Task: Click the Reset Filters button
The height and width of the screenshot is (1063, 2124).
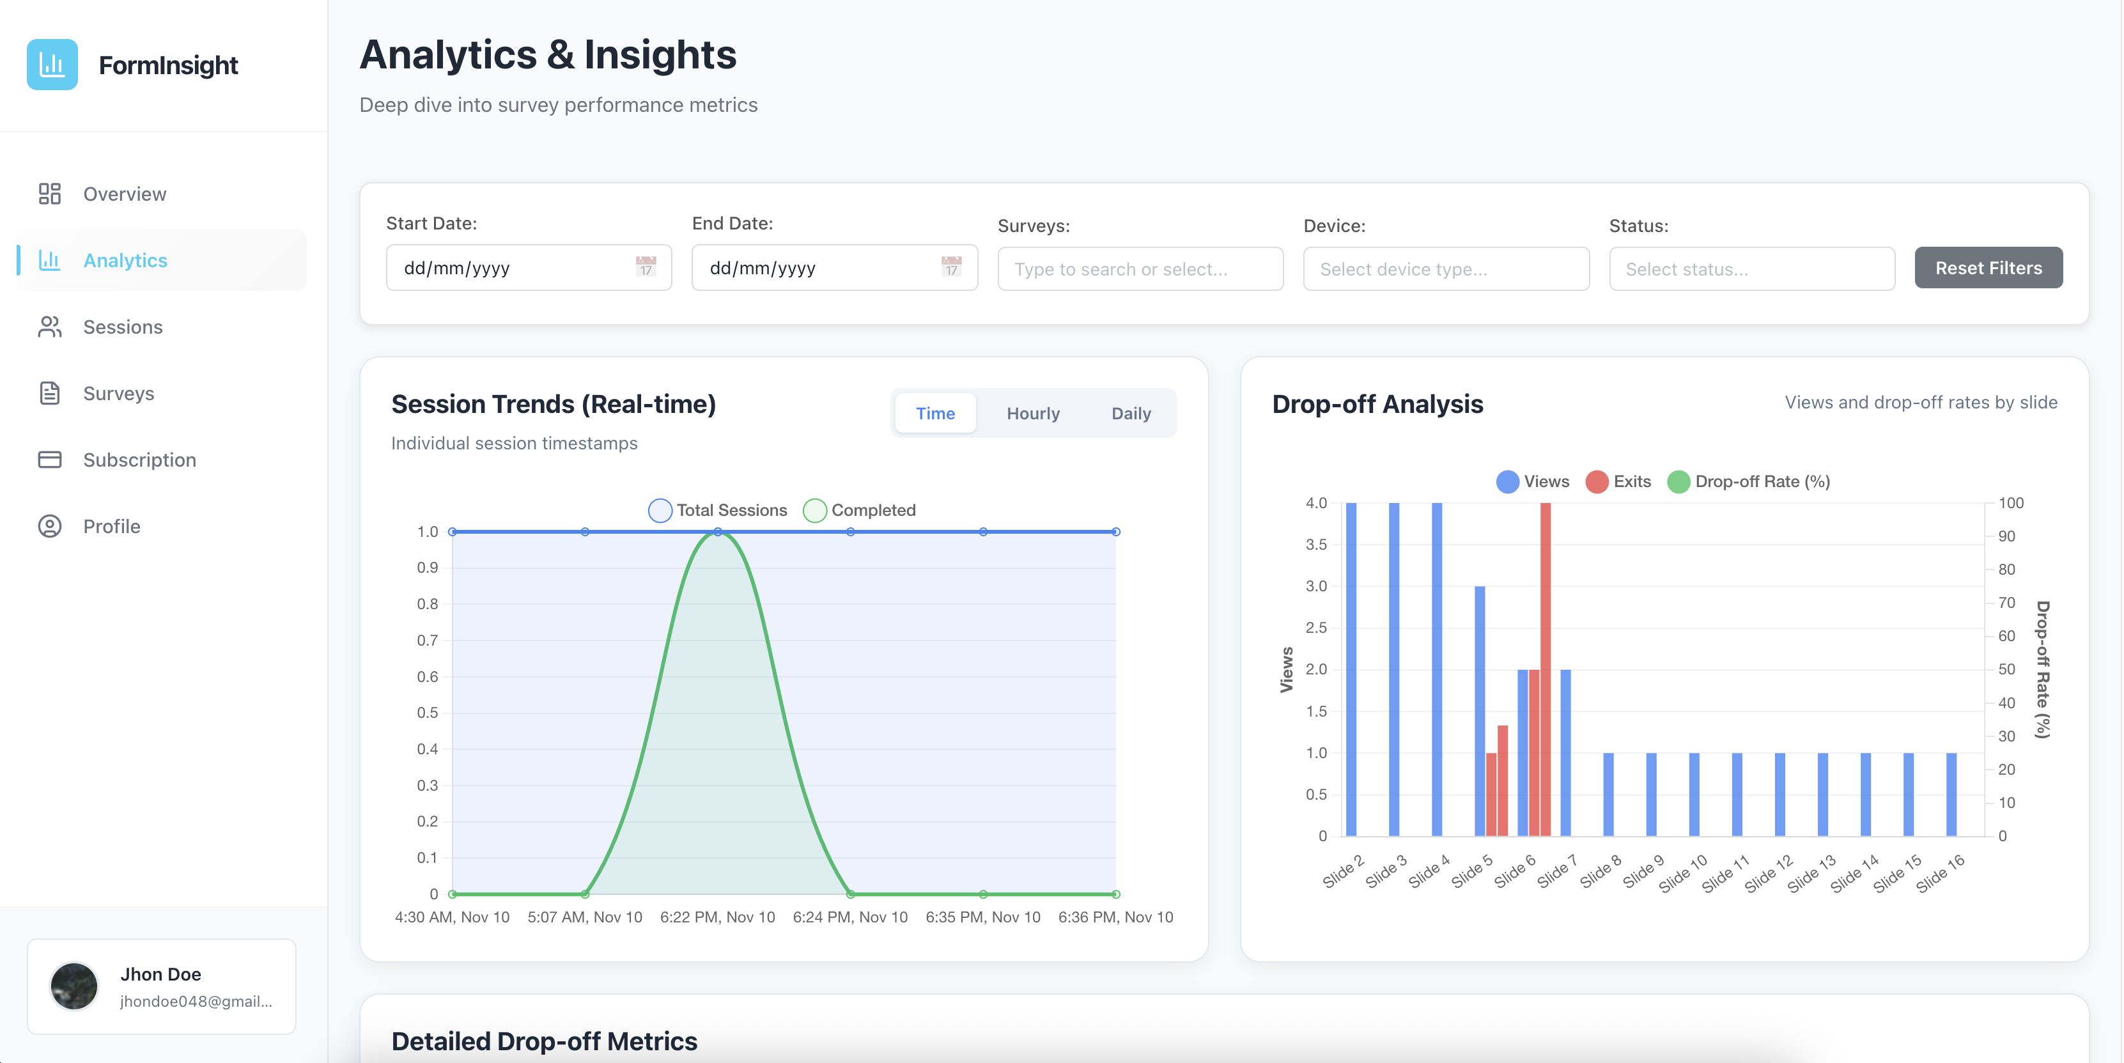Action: [x=1987, y=268]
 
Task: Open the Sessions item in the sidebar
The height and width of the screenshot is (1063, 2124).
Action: [x=123, y=327]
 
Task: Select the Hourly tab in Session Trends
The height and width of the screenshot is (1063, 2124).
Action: [x=1032, y=413]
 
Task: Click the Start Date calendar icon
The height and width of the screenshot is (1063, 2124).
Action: [x=646, y=267]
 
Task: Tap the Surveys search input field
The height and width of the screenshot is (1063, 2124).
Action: [x=1140, y=270]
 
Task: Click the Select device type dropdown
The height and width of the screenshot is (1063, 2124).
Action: [x=1445, y=270]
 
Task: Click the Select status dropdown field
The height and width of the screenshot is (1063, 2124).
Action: [x=1751, y=270]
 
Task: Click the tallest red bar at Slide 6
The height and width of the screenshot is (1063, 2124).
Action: [x=1545, y=660]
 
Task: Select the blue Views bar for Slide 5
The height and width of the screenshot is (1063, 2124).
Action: [x=1479, y=710]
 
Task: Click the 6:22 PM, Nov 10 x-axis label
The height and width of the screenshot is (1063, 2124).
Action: [x=717, y=917]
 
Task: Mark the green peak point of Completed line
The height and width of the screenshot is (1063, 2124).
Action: [x=717, y=532]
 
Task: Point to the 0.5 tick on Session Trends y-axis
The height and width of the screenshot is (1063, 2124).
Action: [x=427, y=713]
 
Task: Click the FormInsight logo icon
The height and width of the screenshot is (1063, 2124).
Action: [x=52, y=65]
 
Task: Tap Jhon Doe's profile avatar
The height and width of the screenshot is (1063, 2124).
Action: [x=74, y=986]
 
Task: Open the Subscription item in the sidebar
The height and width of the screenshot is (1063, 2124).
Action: [x=139, y=460]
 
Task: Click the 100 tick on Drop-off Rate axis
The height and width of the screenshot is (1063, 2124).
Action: [x=2010, y=503]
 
